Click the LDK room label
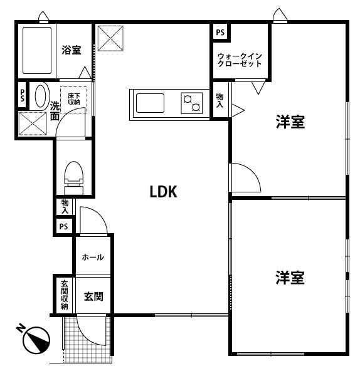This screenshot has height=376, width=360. point(164,192)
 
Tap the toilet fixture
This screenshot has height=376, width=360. point(74,178)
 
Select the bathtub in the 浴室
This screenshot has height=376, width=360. point(37,50)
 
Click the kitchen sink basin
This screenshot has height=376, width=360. point(151,103)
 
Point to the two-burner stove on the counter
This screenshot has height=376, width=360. point(192,103)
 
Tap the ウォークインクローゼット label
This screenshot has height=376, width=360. point(240,60)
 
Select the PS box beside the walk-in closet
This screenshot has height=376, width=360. point(220,33)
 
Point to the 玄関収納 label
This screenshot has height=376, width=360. point(65,295)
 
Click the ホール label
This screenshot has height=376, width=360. point(93,258)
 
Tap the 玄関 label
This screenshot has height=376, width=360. point(93,296)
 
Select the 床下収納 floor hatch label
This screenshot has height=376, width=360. point(74,99)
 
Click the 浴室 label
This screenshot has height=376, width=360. point(71,50)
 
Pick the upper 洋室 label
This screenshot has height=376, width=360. point(290,122)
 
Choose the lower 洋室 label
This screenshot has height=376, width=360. point(290,278)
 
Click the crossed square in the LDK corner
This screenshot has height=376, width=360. point(110,38)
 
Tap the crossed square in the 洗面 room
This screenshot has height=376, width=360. point(33,123)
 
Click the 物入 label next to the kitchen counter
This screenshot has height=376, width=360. point(220,100)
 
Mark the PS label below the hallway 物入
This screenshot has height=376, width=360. point(63,226)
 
